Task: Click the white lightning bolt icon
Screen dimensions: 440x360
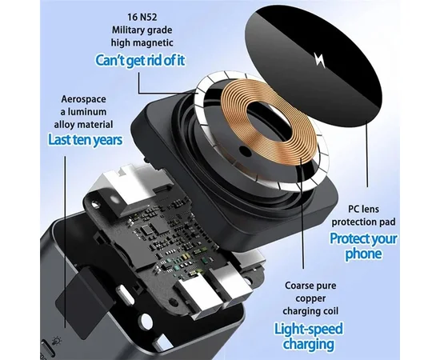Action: tap(320, 59)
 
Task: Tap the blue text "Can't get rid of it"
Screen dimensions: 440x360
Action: tap(140, 60)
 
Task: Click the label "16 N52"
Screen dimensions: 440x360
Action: tap(142, 18)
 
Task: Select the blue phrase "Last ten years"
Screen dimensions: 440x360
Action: tap(86, 140)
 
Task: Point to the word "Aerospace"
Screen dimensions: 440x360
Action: tap(84, 99)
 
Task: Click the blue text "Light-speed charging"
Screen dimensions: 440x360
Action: tap(309, 336)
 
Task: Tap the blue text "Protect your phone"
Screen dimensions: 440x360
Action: tap(363, 246)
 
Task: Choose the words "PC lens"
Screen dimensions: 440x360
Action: tap(363, 209)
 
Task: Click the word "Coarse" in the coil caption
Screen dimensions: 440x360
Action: tap(298, 286)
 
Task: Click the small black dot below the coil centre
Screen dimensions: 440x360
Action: tap(246, 151)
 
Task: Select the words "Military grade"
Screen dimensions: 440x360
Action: tap(142, 30)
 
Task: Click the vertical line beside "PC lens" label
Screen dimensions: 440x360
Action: tap(366, 154)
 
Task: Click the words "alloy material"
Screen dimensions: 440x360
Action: tap(84, 124)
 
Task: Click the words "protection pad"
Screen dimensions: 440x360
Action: tap(363, 222)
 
